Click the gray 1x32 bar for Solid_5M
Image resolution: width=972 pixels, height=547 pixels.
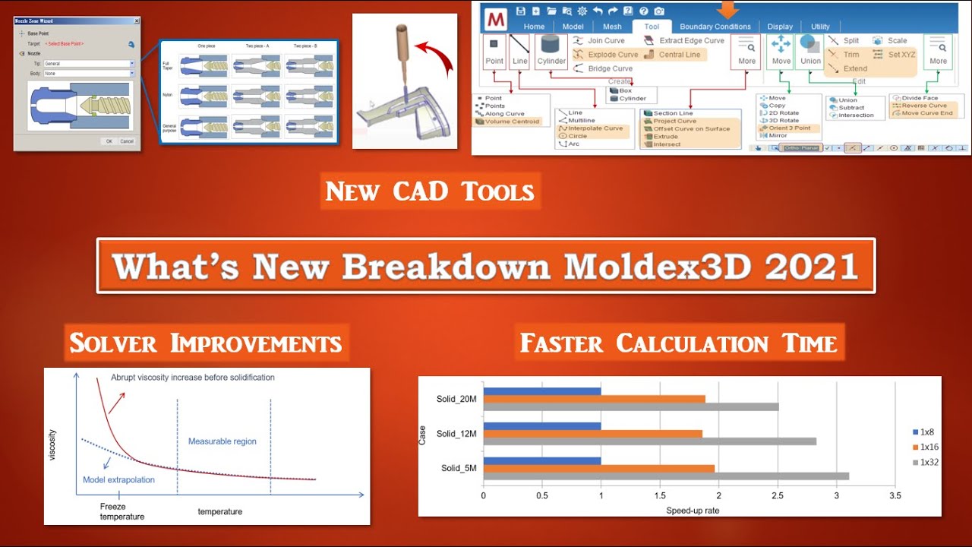click(x=666, y=476)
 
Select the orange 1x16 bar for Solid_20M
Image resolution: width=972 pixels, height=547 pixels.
click(x=594, y=399)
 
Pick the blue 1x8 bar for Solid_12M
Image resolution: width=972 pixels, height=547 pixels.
click(x=541, y=426)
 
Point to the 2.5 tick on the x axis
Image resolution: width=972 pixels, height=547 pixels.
click(x=778, y=495)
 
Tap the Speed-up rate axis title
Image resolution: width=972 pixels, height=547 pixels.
click(x=692, y=511)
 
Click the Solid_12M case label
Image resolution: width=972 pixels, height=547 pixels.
click(x=456, y=434)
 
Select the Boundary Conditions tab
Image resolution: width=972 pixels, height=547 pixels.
click(x=715, y=27)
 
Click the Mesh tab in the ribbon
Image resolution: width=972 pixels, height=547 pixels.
click(x=611, y=27)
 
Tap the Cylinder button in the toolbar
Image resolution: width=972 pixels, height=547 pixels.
click(x=551, y=52)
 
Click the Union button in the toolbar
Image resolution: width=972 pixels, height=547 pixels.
click(x=810, y=52)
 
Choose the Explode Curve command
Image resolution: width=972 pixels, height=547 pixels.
click(x=604, y=55)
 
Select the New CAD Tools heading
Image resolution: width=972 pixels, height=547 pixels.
click(x=430, y=191)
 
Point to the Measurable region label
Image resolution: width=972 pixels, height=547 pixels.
click(x=222, y=441)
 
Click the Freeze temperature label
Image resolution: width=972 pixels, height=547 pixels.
click(x=121, y=511)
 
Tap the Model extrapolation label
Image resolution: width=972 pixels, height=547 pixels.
click(x=118, y=480)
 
